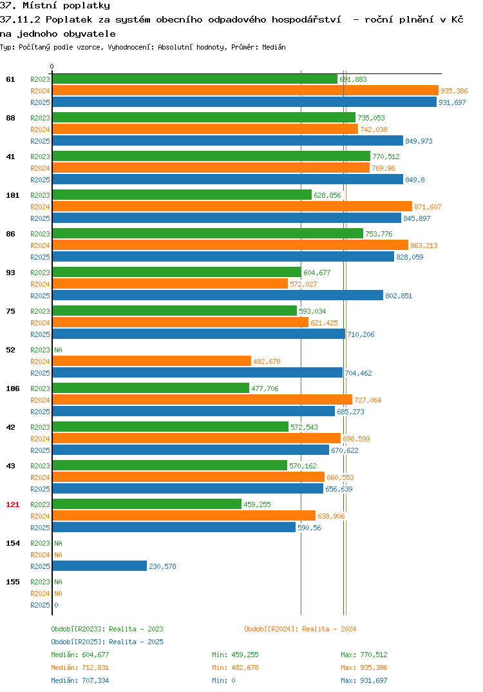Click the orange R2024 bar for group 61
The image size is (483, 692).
(x=245, y=90)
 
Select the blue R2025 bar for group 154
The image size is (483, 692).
(x=100, y=566)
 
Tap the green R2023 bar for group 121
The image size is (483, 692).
(x=147, y=504)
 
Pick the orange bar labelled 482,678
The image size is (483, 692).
(x=152, y=361)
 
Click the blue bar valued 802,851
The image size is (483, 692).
(x=218, y=295)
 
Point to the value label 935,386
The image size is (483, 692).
(x=454, y=91)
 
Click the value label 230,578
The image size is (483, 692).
(x=162, y=566)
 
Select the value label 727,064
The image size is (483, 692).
(x=368, y=400)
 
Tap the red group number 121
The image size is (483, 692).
(x=13, y=505)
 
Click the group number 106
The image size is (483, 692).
(x=13, y=389)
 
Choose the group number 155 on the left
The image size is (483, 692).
(x=13, y=582)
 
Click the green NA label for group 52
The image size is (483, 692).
(x=58, y=350)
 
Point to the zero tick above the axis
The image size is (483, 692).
(x=52, y=66)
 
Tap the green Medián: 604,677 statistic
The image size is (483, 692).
(x=80, y=655)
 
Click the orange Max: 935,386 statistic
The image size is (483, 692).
(x=364, y=668)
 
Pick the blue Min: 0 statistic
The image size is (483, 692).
(x=223, y=680)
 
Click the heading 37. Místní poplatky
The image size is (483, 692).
(x=55, y=5)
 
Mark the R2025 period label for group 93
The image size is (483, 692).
(x=40, y=296)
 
